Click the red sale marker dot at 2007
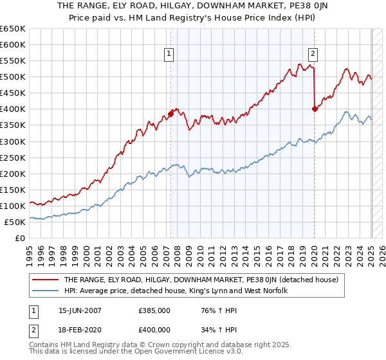pos(170,114)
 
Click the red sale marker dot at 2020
pos(315,109)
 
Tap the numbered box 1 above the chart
pos(169,55)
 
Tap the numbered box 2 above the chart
pos(313,55)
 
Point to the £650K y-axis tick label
pos(13,29)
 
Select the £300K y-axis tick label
pos(13,141)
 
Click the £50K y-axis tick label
pos(15,222)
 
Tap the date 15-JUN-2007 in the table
pos(80,310)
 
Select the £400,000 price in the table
pos(154,330)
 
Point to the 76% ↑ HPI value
pos(210,310)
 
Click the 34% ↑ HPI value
pos(210,330)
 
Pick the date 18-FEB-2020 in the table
pos(80,330)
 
